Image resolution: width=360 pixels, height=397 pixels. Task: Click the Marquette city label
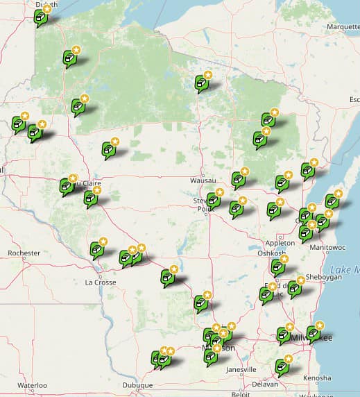tap(343, 28)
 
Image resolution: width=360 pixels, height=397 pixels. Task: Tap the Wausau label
tap(202, 180)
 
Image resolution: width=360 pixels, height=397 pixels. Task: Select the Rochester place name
tap(24, 253)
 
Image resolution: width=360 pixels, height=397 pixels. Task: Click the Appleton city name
tap(280, 243)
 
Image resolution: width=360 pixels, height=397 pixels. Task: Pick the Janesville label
tap(241, 369)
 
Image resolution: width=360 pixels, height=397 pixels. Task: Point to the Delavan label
tap(264, 384)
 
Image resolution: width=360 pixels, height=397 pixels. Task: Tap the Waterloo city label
tap(31, 385)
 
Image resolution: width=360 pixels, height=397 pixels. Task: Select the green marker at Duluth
tap(41, 17)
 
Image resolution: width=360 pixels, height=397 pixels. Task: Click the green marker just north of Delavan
tap(281, 365)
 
